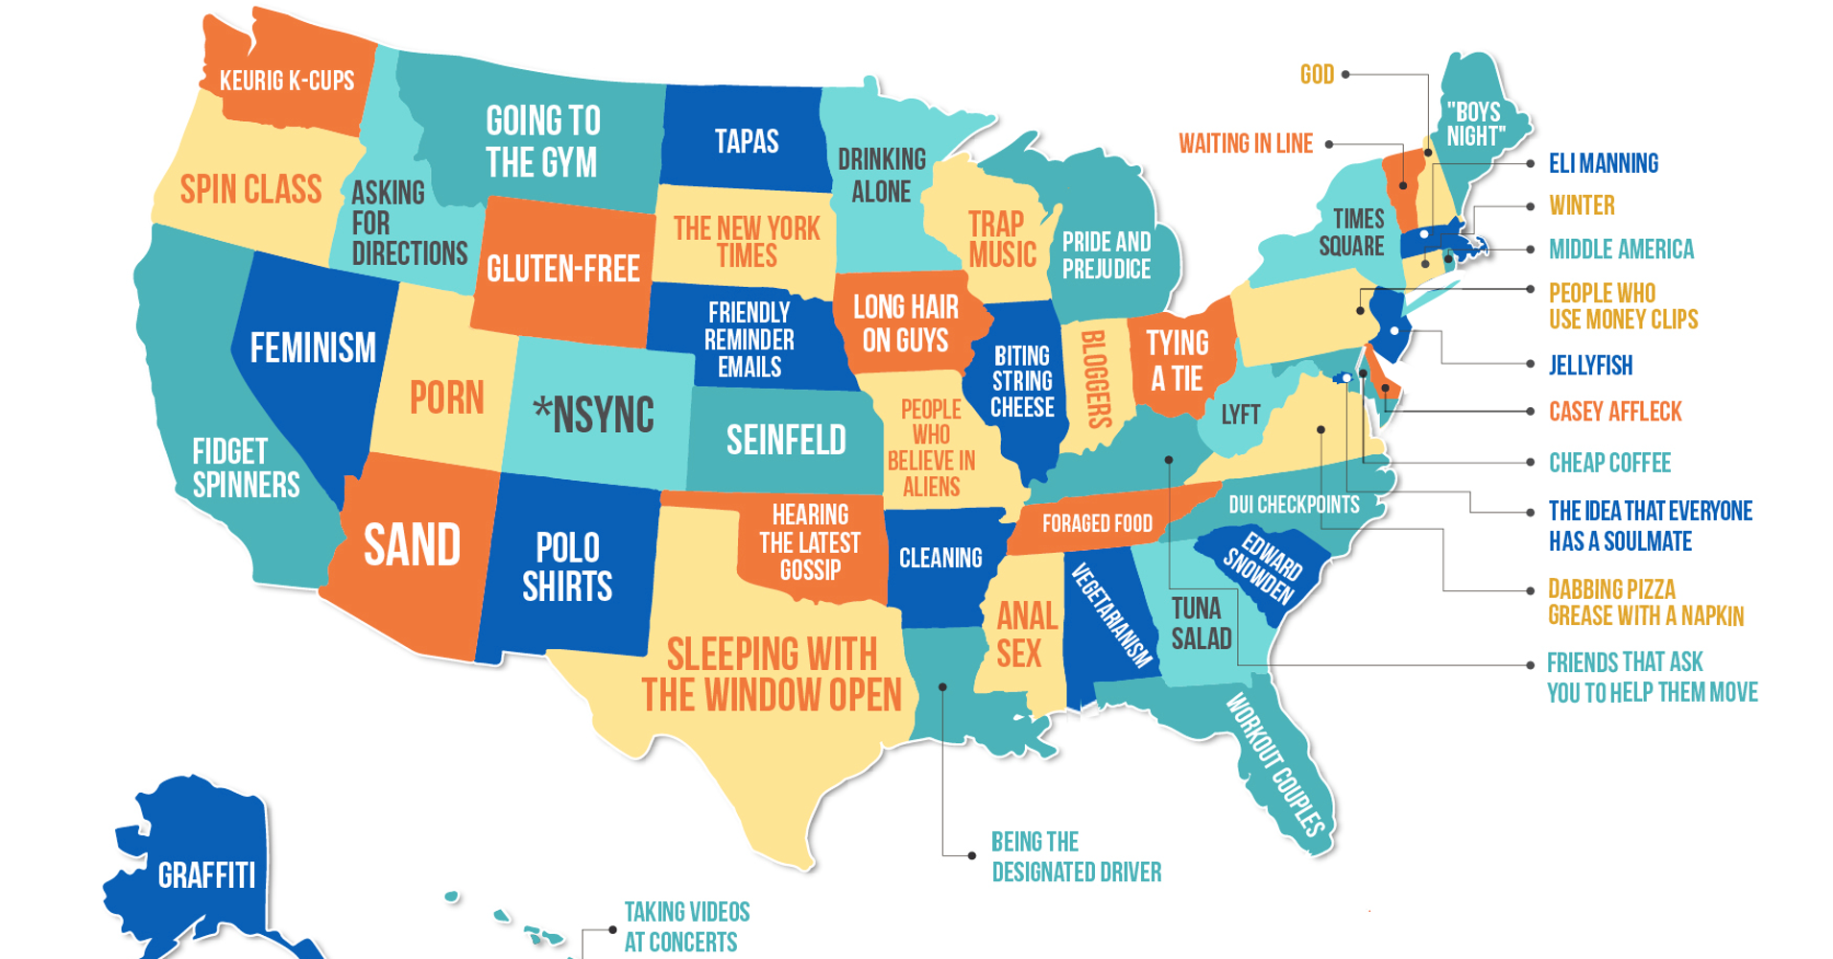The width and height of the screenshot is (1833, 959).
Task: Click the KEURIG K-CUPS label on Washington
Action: point(287,81)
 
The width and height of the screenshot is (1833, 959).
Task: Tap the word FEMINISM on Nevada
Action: point(313,348)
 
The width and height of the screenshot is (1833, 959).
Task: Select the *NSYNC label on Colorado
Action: point(594,415)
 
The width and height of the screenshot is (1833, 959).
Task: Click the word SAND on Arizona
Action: point(412,545)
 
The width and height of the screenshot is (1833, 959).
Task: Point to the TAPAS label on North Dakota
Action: point(746,142)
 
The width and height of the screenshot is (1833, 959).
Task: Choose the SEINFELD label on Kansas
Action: point(786,441)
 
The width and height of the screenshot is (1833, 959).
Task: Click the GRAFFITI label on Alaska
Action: point(206,875)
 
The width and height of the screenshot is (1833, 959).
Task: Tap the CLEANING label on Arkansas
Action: point(940,558)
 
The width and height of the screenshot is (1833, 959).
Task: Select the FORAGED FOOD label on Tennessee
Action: point(1097,523)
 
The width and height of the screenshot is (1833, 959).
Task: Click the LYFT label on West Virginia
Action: point(1240,415)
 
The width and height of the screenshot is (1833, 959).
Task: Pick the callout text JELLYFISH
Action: point(1590,365)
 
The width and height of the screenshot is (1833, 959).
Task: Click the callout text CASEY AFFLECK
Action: point(1615,412)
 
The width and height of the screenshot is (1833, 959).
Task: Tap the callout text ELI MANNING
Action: point(1603,163)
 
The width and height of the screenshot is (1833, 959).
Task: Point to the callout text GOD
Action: point(1317,74)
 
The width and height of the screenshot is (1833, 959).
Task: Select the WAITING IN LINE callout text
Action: point(1246,144)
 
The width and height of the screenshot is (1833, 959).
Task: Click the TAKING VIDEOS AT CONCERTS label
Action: point(686,926)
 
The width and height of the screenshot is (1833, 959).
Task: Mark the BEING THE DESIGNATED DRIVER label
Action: point(1076,856)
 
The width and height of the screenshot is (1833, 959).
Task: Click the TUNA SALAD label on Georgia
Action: point(1200,623)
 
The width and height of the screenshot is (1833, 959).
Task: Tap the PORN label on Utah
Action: point(447,397)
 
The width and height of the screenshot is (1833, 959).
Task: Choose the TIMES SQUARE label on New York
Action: point(1352,232)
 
